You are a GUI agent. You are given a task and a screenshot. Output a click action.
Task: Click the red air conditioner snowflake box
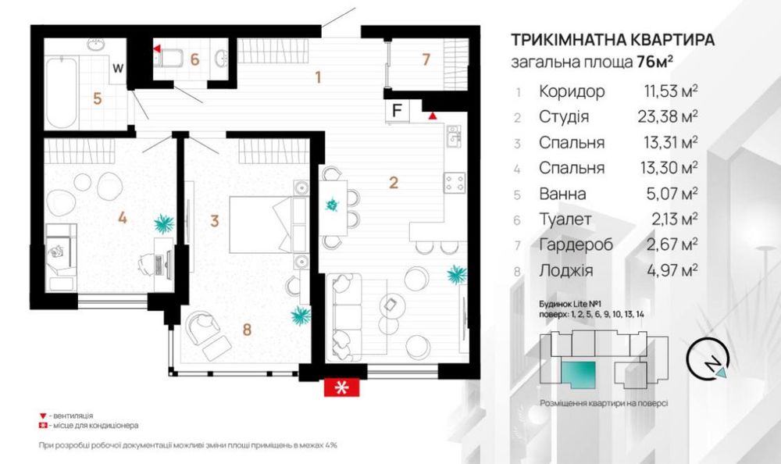pos(342,387)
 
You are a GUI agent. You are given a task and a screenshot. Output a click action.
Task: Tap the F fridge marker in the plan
pos(397,111)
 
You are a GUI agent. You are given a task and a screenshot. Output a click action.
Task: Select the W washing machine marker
pos(118,68)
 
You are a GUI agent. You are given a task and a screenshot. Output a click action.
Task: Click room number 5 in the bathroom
pos(98,98)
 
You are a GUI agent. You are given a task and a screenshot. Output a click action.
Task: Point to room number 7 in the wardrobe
pos(426,59)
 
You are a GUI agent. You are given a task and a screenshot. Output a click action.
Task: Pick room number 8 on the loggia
pos(247,329)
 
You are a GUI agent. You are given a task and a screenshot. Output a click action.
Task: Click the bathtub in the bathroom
pos(62,93)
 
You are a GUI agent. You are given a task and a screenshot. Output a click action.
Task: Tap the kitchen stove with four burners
pos(455,183)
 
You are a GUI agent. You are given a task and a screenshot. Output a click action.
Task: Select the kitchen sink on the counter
pos(454,136)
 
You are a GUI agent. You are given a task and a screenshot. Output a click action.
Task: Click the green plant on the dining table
pos(332,205)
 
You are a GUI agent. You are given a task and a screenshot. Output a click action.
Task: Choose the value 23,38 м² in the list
pos(668,116)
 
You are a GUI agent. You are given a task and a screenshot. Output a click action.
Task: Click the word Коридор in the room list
pos(572,91)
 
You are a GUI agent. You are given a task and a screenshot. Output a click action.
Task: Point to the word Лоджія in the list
pos(565,270)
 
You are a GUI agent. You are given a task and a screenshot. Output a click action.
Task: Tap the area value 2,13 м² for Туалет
pos(675,219)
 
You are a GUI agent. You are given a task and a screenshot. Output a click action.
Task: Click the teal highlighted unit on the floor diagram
pos(578,375)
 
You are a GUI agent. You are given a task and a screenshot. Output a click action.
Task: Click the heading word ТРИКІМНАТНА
pos(567,39)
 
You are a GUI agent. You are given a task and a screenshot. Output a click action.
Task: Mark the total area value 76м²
pos(655,62)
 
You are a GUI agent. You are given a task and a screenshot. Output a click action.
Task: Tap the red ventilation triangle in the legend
pos(43,416)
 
